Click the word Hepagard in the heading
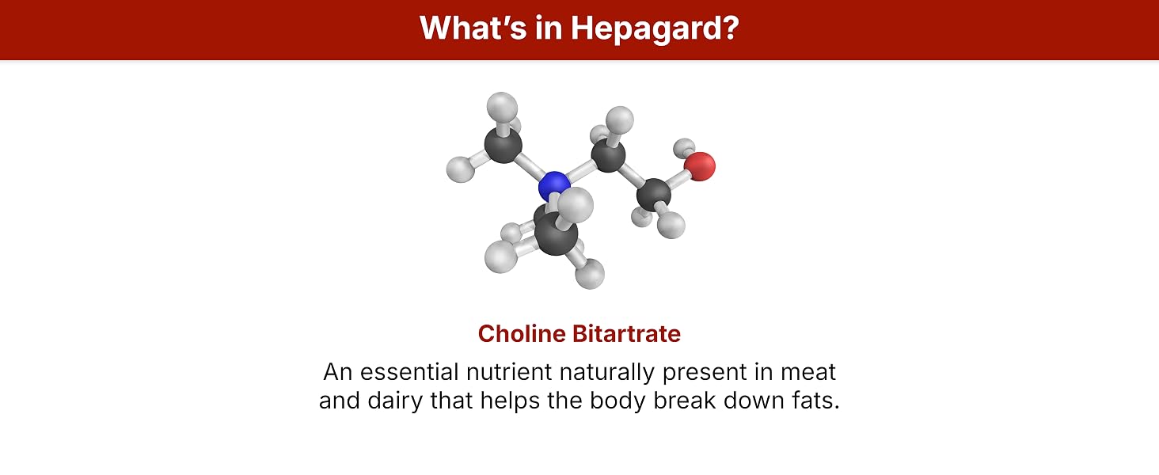click(x=655, y=28)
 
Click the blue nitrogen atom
click(x=554, y=188)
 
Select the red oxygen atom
click(x=700, y=166)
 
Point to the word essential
click(x=409, y=372)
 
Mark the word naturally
click(x=607, y=373)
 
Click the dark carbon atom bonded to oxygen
click(x=653, y=196)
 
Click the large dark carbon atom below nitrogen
click(x=557, y=234)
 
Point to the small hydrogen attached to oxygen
click(x=684, y=146)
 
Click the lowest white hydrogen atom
click(x=590, y=274)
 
